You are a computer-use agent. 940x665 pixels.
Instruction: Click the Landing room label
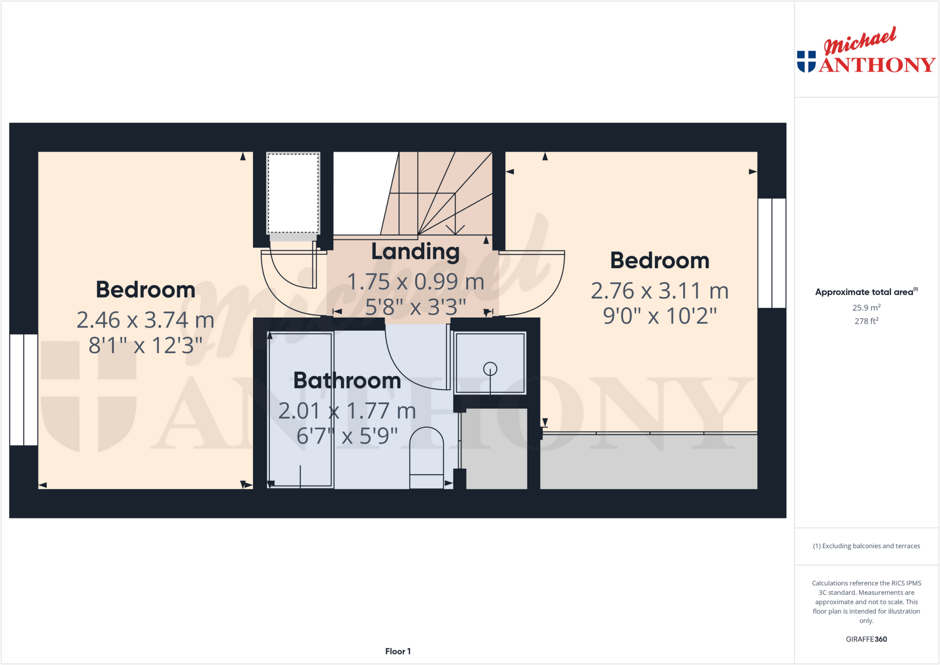415,251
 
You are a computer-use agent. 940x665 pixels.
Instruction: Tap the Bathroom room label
347,380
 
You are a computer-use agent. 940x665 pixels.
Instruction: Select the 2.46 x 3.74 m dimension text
145,320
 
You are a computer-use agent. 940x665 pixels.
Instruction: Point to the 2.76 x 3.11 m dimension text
660,291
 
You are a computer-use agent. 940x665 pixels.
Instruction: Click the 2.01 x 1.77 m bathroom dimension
347,411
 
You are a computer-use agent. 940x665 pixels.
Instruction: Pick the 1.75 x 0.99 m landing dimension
415,281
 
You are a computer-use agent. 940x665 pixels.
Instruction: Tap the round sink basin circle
490,369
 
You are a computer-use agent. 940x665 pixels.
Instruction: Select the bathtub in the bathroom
300,409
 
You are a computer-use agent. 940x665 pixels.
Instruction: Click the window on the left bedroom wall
23,390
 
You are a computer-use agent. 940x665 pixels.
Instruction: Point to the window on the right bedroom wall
772,253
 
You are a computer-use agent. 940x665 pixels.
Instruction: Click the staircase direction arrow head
455,229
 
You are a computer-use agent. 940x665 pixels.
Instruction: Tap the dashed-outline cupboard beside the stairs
293,193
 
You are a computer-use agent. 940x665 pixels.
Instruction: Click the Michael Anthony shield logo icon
806,61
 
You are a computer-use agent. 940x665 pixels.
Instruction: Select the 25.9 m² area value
866,307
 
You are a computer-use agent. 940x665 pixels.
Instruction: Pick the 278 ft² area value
866,321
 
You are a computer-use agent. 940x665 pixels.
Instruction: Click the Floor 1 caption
397,651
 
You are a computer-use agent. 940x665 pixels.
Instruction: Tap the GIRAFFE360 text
866,639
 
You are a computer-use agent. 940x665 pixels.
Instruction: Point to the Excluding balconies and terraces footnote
866,546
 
